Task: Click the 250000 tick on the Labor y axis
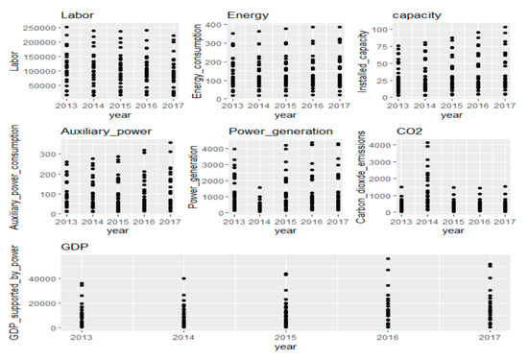(38, 29)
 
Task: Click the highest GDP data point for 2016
(388, 258)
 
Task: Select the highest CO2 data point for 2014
(429, 144)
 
